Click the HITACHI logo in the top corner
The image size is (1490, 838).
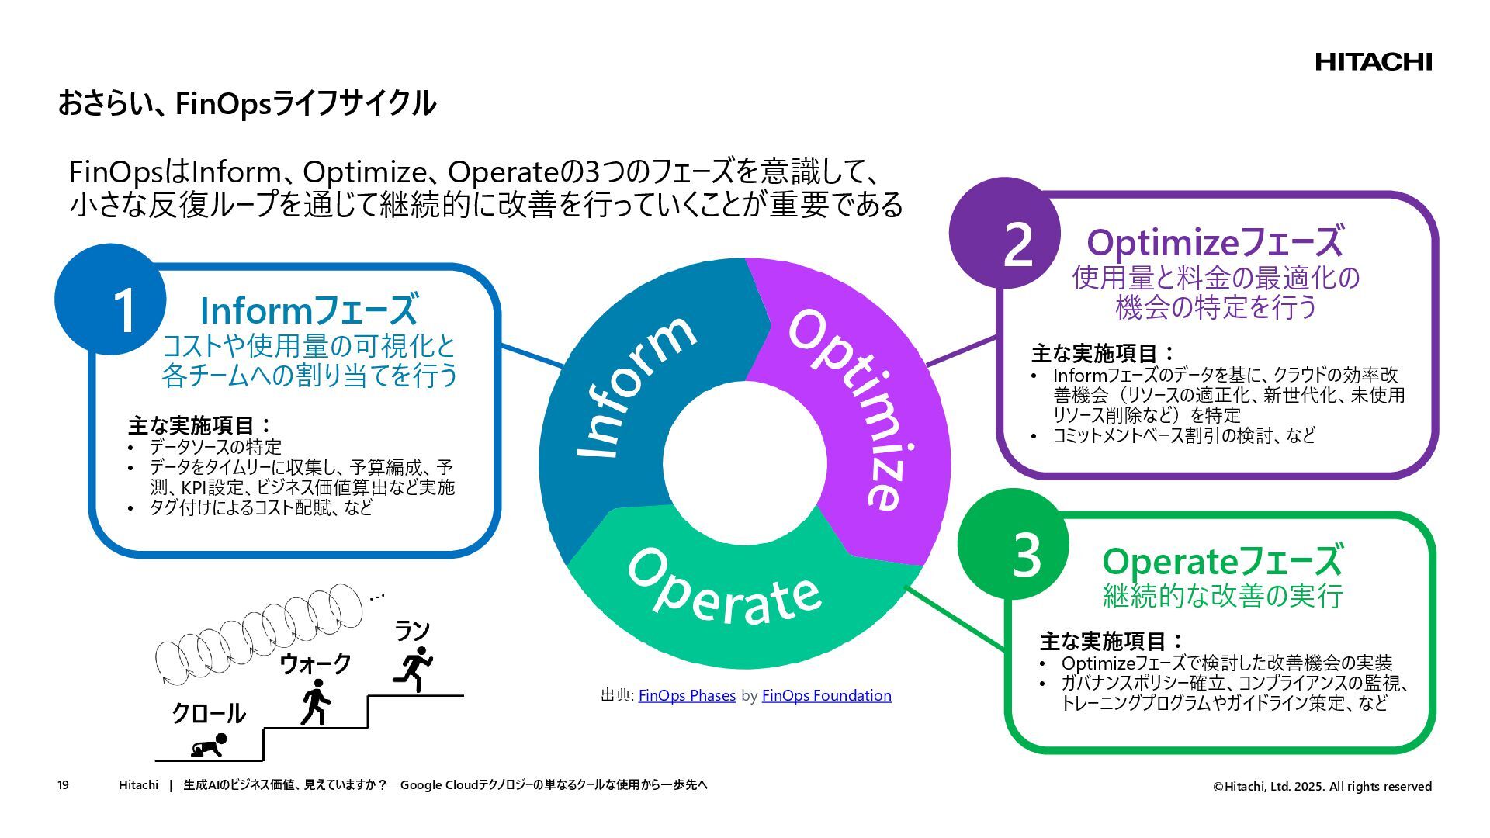coord(1373,62)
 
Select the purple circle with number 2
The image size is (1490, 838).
coord(1005,233)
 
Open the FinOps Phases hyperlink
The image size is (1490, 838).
coord(687,695)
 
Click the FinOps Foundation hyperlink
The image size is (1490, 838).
coord(826,695)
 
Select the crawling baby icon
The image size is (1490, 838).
coord(210,746)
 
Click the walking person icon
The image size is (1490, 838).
coord(315,702)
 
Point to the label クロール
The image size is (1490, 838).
coord(208,712)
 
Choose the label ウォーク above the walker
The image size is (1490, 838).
coord(315,663)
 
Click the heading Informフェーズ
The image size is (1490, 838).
coord(309,310)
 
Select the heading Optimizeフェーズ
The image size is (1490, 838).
coord(1215,242)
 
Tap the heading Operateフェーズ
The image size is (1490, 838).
coord(1221,561)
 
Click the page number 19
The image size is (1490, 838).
coord(63,785)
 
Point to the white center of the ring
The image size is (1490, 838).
coord(745,462)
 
